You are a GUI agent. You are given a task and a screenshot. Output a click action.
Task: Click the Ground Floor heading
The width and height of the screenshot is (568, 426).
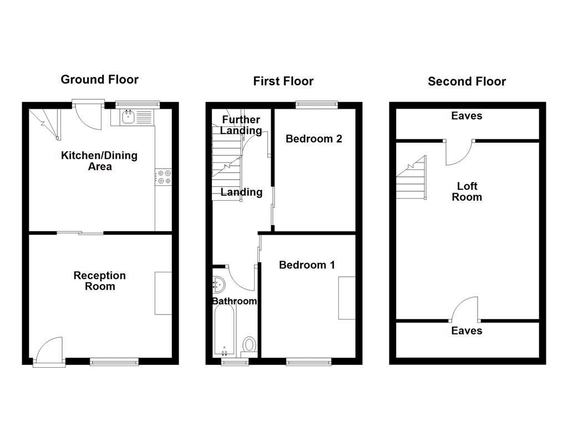point(99,79)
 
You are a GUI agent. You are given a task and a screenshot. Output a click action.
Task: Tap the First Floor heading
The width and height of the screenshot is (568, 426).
point(283,82)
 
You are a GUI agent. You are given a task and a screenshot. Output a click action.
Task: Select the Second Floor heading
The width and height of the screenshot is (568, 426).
point(466,82)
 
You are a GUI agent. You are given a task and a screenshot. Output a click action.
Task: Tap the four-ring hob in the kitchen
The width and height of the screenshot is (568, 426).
point(164,177)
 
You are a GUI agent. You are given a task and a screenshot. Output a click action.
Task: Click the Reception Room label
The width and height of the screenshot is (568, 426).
point(100,281)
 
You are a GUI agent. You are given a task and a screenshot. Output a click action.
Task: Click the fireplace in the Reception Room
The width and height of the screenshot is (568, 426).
point(163,293)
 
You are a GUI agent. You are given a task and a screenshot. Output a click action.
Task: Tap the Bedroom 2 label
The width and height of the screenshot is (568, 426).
point(313,139)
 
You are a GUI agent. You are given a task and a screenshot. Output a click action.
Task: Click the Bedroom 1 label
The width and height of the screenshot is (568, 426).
point(307,265)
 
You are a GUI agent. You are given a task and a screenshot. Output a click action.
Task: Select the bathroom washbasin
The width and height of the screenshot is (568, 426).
point(219,285)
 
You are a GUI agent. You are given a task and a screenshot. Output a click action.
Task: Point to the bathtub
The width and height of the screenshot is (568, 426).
point(225,332)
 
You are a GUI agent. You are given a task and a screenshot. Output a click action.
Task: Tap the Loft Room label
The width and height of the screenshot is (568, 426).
point(466,191)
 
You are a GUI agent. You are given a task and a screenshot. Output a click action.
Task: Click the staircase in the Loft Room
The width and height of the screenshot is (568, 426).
point(412,179)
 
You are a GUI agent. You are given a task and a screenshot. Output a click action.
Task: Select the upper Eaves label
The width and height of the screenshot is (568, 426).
point(466,116)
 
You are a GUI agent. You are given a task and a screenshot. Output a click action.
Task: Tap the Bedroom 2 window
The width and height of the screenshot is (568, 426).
point(317,103)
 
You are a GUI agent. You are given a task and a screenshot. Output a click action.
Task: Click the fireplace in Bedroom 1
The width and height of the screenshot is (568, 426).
point(347,298)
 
